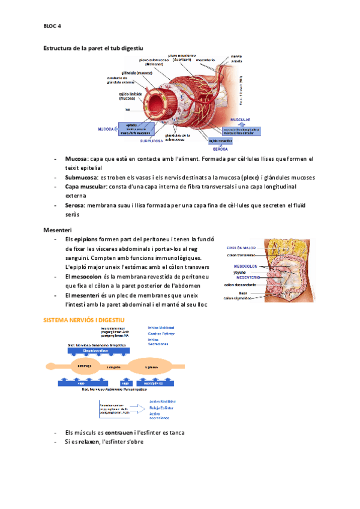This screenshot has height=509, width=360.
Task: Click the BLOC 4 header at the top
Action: [52, 26]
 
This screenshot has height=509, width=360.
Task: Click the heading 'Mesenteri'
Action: [58, 230]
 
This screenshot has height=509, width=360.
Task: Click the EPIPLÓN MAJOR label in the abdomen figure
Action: [241, 247]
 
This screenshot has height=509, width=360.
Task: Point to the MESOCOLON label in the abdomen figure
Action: [245, 264]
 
